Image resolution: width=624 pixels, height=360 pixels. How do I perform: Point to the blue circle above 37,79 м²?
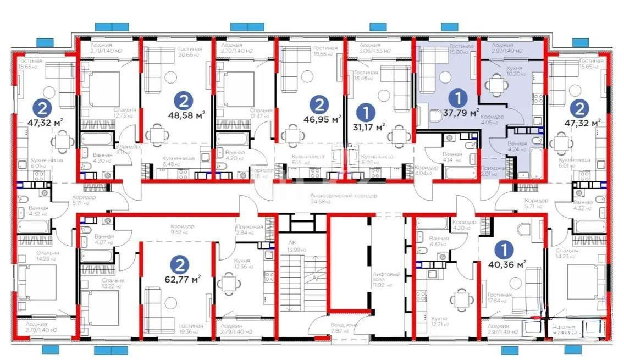pos(456,99)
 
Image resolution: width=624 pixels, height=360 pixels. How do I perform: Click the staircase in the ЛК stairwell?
pos(300,286)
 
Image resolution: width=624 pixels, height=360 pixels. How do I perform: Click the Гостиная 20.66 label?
pos(190,52)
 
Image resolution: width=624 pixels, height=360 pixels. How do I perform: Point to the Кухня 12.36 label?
pos(242,264)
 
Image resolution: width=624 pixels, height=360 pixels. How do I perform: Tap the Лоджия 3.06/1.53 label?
pos(374,48)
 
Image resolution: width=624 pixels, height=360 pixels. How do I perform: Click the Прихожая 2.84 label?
pos(249,229)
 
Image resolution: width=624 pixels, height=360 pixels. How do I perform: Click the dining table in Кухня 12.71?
pos(460,299)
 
